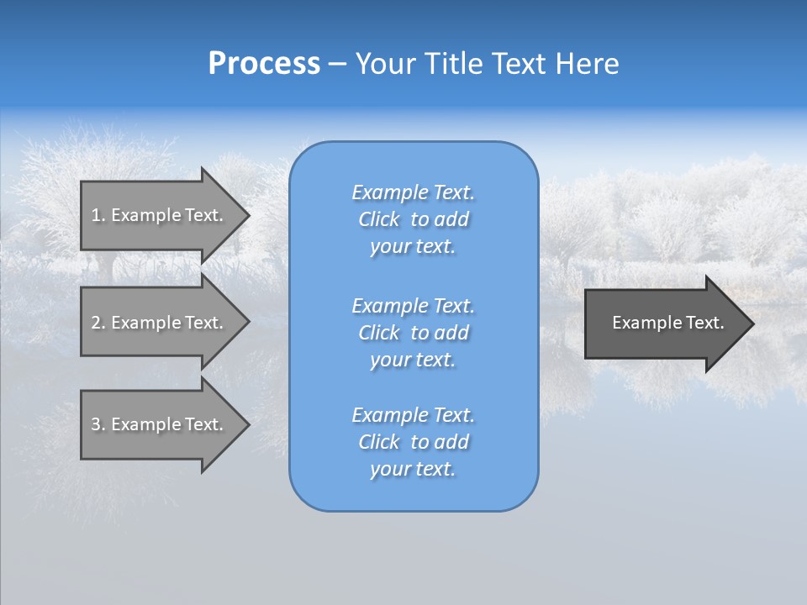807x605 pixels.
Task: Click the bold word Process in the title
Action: tap(264, 64)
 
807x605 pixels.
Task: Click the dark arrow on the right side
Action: tap(664, 323)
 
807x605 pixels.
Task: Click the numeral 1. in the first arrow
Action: tap(98, 215)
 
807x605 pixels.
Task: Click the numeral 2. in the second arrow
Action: tap(98, 323)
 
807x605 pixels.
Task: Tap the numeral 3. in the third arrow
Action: tap(98, 424)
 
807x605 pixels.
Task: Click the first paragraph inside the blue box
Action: tap(414, 219)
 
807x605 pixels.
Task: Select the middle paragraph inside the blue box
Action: tap(414, 332)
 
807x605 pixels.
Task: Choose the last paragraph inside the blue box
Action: tap(414, 442)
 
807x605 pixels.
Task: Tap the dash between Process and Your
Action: tap(337, 64)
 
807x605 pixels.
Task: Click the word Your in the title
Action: tap(385, 64)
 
